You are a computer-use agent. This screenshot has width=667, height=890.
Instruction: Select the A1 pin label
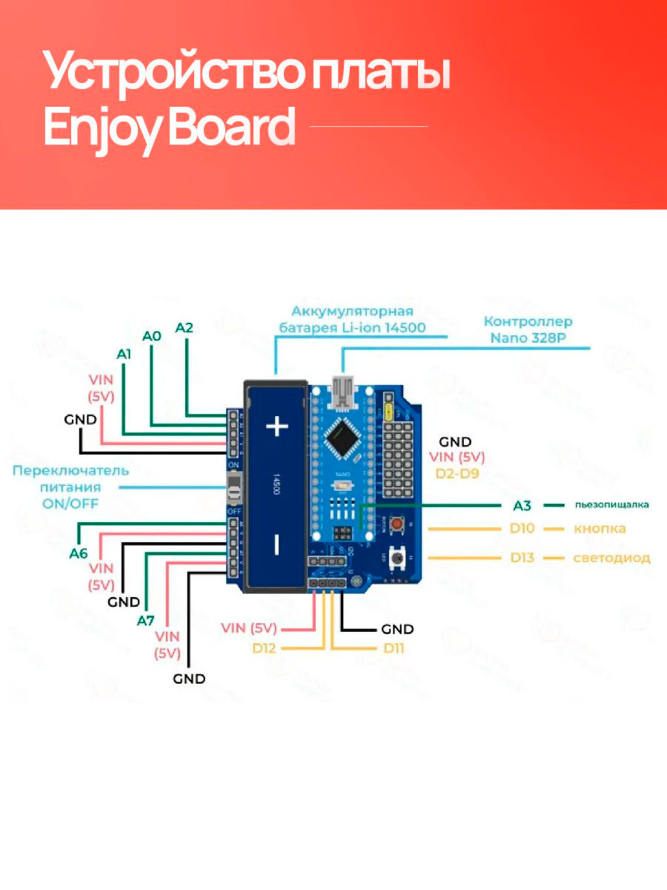(124, 355)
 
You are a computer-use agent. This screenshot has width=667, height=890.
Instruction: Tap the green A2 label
(184, 327)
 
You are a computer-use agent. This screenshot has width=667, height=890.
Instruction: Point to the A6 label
(79, 553)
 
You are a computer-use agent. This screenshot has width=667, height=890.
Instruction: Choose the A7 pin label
(145, 620)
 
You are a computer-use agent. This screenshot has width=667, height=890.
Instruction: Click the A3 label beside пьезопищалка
(522, 506)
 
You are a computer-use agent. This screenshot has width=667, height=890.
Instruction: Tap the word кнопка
(600, 529)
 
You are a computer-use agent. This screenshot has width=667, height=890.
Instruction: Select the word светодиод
(611, 558)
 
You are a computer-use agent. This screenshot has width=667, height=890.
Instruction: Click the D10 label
(522, 529)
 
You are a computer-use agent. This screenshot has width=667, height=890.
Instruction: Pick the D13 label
(522, 558)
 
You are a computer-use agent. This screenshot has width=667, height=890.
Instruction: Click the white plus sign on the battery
(276, 426)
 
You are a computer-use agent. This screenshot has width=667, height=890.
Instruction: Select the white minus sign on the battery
(276, 545)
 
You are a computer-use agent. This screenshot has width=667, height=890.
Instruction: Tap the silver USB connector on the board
(342, 392)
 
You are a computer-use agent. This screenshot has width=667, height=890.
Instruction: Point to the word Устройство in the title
(171, 72)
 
